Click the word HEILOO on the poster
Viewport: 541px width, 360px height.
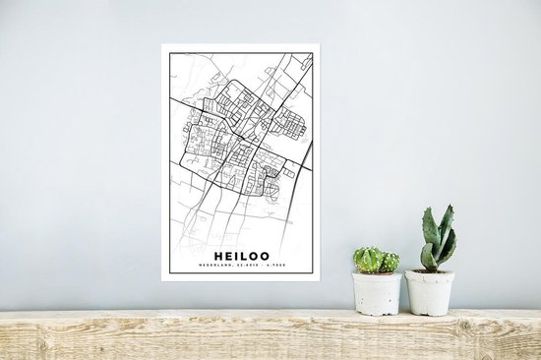[x=240, y=251]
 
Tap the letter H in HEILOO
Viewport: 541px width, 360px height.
[x=216, y=251]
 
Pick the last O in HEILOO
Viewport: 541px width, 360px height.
[x=265, y=251]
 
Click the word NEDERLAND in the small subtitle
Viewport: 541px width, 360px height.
[x=221, y=263]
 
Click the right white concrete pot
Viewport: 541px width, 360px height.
[x=430, y=292]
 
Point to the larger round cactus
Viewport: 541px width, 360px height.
[x=369, y=260]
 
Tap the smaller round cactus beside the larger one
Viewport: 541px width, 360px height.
[x=390, y=263]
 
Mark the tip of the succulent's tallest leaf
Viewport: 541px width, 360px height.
[x=449, y=207]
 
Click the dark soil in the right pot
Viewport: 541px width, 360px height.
[x=430, y=270]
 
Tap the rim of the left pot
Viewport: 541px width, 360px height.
[x=378, y=274]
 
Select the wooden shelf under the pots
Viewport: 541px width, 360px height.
[x=270, y=334]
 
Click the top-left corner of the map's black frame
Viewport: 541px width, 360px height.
[x=170, y=53]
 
